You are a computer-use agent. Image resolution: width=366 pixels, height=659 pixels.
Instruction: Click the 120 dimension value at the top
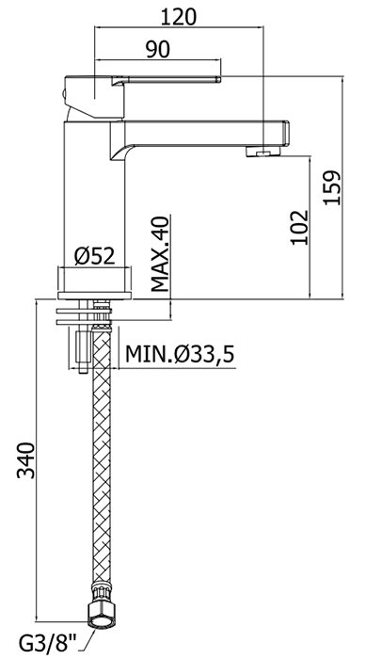(178, 17)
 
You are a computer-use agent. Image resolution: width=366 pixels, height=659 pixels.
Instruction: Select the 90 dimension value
(157, 50)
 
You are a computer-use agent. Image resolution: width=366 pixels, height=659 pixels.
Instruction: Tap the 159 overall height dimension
(332, 187)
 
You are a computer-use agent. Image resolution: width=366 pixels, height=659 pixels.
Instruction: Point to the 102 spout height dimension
(300, 227)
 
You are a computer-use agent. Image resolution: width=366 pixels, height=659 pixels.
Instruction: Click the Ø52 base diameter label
(94, 255)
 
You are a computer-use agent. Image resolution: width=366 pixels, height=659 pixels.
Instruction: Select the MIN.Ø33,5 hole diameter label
(180, 355)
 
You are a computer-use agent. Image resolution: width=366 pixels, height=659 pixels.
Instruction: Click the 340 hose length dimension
(25, 459)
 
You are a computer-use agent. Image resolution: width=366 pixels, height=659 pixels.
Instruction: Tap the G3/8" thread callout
(49, 645)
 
